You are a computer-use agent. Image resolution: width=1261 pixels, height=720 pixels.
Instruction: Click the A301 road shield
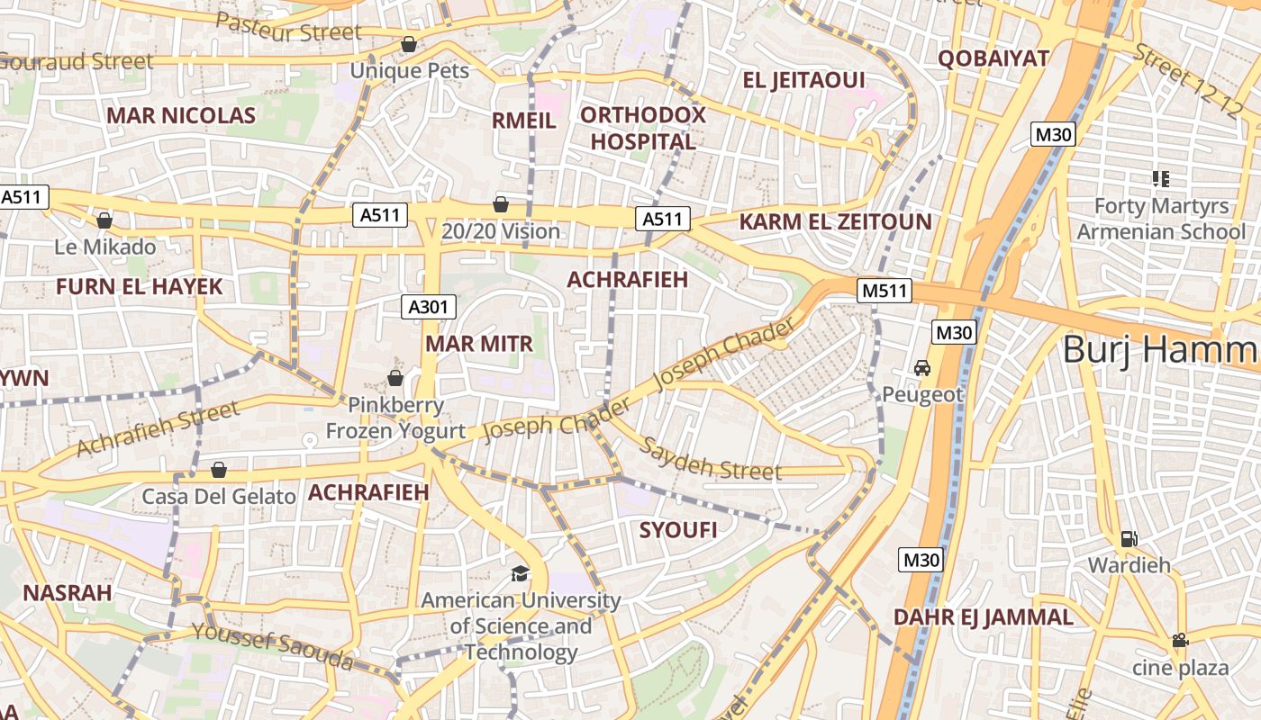[428, 307]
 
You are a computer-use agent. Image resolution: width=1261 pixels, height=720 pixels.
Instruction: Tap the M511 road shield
[886, 291]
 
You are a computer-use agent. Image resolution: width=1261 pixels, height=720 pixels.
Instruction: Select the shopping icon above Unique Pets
[409, 44]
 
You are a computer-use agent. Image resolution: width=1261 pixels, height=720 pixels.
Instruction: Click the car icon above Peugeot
[921, 368]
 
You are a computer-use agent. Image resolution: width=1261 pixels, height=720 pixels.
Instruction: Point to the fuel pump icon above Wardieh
[1129, 539]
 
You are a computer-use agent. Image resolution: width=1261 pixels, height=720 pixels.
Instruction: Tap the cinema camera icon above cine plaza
[1179, 641]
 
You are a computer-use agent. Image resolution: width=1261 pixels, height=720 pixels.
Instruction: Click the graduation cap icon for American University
[520, 573]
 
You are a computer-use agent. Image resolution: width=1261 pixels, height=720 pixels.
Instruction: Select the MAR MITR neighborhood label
[479, 344]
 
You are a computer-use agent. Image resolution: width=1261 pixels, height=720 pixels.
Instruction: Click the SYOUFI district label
[678, 530]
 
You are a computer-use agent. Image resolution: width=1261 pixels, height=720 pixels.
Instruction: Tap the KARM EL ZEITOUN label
[835, 222]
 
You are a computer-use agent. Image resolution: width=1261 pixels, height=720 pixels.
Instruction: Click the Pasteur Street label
[289, 28]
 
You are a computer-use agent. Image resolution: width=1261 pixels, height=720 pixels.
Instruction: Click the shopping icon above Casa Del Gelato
[218, 470]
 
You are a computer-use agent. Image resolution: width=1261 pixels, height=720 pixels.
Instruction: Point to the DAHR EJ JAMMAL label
[984, 617]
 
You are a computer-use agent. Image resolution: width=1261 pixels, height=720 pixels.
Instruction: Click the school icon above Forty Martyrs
[1161, 178]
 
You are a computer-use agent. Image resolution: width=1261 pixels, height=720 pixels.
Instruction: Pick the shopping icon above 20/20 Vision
[501, 205]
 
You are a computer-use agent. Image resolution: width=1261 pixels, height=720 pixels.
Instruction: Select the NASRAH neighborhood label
[68, 593]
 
